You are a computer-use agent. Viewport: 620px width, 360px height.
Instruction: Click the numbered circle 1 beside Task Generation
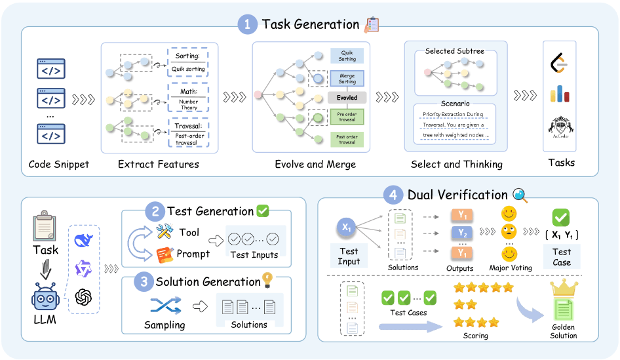248,25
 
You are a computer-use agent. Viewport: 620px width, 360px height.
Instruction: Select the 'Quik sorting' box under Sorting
188,69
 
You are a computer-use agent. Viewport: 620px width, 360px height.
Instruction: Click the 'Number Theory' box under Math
188,105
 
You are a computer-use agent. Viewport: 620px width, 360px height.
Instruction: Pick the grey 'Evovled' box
347,97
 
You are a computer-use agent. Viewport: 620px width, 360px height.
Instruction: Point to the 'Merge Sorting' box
347,78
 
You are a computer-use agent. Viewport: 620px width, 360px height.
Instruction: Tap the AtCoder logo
559,127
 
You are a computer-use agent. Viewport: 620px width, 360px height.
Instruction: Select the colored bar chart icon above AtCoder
559,94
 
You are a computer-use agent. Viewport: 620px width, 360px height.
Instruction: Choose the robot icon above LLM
45,299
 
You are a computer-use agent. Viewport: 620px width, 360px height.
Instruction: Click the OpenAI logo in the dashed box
84,296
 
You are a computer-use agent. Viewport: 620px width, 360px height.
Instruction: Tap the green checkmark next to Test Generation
263,211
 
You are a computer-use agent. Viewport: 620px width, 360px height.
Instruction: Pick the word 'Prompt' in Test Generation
193,254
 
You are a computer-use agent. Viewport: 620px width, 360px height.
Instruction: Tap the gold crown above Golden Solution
563,287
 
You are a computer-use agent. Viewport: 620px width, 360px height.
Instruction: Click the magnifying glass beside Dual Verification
520,195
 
